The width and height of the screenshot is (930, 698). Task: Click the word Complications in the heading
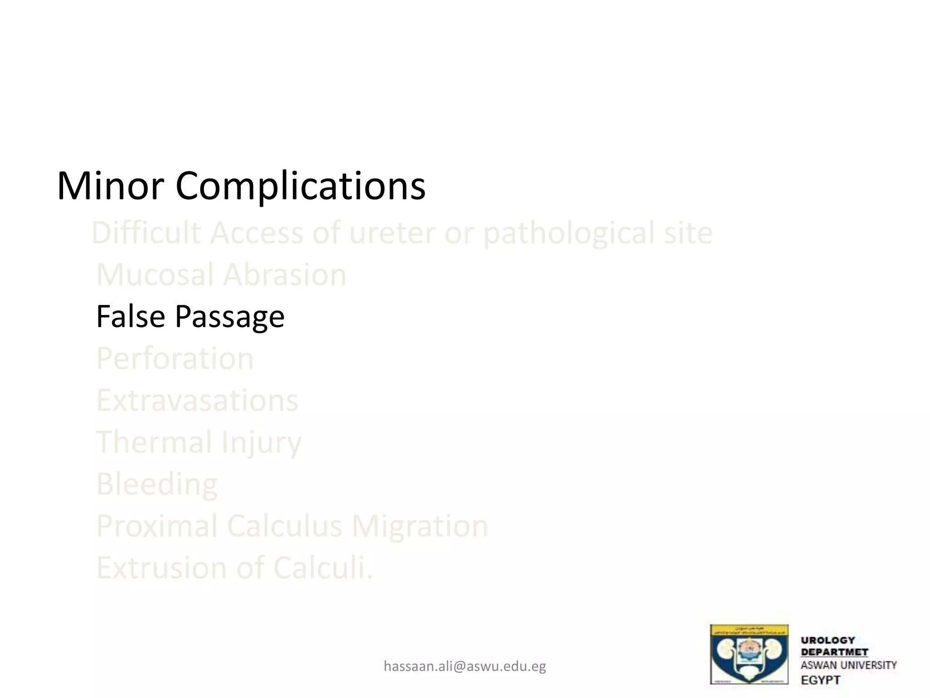(x=300, y=186)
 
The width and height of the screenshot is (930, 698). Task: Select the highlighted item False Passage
(x=190, y=316)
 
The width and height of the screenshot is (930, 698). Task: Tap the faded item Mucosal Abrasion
(x=221, y=274)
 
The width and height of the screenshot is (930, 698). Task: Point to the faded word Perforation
(x=175, y=358)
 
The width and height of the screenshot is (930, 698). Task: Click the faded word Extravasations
(x=197, y=400)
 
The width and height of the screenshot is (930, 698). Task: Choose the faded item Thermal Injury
(x=198, y=442)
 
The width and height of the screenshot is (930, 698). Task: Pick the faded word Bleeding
(x=157, y=484)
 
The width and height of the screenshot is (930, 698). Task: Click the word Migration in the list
(x=420, y=526)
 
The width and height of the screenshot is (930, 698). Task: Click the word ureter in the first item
(x=392, y=233)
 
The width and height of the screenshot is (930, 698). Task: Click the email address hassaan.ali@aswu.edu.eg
(x=465, y=666)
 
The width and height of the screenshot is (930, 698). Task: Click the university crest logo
(x=749, y=654)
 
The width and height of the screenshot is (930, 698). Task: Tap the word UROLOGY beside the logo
(x=827, y=640)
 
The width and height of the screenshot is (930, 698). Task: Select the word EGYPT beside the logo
(x=820, y=680)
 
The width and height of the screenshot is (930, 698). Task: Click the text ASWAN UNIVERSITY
(x=848, y=665)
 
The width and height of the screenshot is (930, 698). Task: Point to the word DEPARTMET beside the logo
(x=834, y=652)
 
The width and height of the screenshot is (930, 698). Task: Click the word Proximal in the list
(x=157, y=526)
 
